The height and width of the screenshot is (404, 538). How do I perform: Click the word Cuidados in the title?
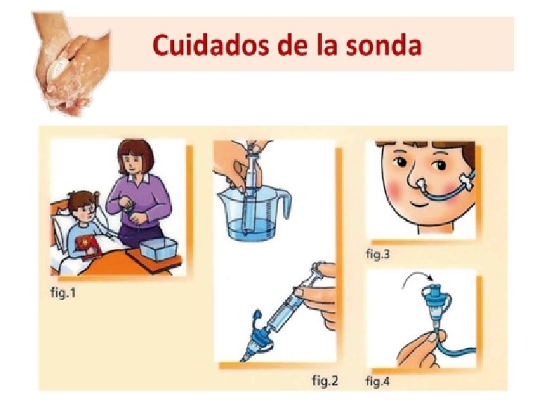pos(210,45)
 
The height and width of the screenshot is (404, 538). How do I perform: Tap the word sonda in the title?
pos(383,46)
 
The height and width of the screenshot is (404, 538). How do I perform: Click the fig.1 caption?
pos(63,293)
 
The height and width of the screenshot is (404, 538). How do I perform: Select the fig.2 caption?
pos(324,380)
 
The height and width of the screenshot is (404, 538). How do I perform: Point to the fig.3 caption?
pos(378,254)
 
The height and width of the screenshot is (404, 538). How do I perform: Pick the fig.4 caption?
pos(378,381)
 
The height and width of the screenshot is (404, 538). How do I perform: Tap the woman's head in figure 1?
pos(135,157)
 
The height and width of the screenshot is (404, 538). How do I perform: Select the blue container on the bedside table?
pos(158,249)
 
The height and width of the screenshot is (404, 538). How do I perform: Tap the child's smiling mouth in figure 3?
pos(421,203)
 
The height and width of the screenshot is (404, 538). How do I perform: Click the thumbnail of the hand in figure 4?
pos(432,338)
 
